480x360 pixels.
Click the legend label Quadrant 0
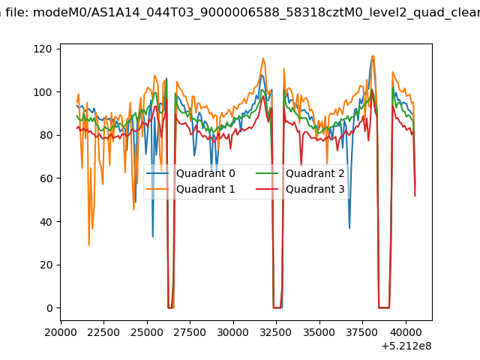[205, 173]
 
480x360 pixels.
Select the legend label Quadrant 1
[205, 189]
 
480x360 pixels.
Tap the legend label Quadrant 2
[315, 173]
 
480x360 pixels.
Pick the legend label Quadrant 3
[315, 189]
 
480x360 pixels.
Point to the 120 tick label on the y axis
[43, 49]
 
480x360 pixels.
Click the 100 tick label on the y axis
[43, 92]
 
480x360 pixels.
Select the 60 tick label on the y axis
[46, 178]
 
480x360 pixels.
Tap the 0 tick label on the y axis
[49, 308]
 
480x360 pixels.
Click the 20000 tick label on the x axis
[61, 332]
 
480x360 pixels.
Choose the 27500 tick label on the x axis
[190, 332]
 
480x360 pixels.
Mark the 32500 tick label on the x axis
[276, 332]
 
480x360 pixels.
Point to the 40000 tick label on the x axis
[406, 332]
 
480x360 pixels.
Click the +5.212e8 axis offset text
[406, 346]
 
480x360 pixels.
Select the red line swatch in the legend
[267, 189]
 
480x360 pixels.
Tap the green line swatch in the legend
[267, 173]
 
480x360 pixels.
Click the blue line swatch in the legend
[157, 173]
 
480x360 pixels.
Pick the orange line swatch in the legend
[157, 189]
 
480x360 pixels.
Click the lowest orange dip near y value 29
[89, 245]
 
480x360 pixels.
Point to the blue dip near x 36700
[349, 227]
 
